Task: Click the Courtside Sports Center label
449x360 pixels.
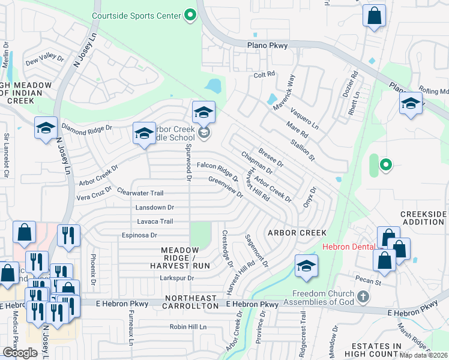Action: coord(136,15)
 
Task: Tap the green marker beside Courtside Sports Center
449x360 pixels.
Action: coord(190,15)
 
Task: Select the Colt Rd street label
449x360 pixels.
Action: coord(264,74)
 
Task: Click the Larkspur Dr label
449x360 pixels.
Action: coord(177,278)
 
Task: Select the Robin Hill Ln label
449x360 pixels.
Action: coord(188,327)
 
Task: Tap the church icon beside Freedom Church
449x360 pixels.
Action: coord(362,297)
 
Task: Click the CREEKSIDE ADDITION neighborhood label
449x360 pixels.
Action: coord(424,218)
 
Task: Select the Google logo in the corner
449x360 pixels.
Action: coord(20,353)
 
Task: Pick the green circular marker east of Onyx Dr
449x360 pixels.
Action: coord(385,163)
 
